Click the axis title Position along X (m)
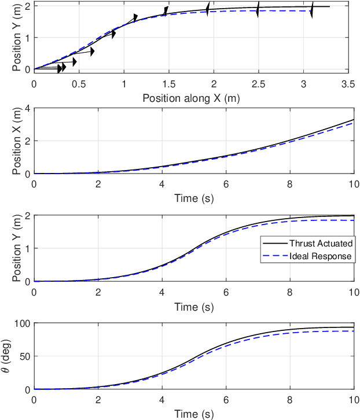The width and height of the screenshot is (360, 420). tap(191, 97)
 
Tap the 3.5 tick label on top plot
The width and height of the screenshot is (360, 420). tap(348, 84)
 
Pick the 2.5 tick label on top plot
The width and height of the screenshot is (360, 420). tap(259, 84)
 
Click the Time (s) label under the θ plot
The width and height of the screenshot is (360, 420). tap(194, 413)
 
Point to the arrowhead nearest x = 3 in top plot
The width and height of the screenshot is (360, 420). tap(312, 10)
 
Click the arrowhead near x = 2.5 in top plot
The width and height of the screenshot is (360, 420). tap(258, 10)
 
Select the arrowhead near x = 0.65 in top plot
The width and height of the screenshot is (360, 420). tap(92, 51)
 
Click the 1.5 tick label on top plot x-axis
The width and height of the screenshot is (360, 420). tap(169, 84)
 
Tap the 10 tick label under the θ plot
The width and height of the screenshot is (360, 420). tap(353, 400)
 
